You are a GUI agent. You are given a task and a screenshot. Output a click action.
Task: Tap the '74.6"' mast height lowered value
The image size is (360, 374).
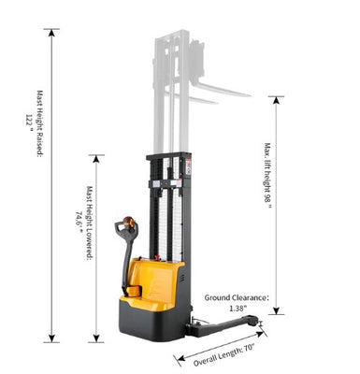point(79,222)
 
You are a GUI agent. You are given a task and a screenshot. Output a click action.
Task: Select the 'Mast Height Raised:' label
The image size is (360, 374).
point(39,123)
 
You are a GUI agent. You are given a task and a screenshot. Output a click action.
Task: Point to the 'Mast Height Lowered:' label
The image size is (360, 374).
point(90,223)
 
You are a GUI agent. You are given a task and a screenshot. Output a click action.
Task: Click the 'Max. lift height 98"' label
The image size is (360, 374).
point(267,176)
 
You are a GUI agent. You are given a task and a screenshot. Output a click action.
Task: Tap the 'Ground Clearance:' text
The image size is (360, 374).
point(237,297)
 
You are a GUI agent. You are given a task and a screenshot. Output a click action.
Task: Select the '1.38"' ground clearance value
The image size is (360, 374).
point(238,309)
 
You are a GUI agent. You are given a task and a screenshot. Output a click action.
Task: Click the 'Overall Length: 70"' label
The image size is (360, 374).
point(224,355)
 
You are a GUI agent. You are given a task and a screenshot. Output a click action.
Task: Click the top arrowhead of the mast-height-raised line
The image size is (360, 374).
point(51,33)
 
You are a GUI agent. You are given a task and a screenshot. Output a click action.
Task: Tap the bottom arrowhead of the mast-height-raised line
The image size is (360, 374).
point(51,338)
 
